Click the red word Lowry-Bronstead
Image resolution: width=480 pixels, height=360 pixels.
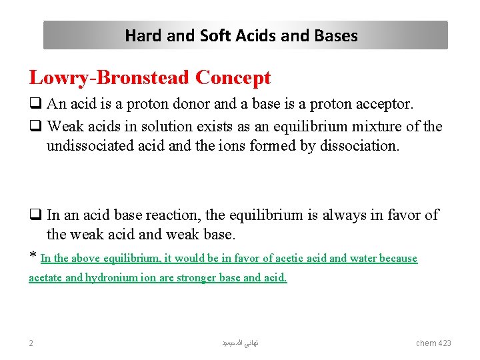pyautogui.click(x=109, y=78)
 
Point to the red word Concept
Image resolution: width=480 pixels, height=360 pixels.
pyautogui.click(x=233, y=78)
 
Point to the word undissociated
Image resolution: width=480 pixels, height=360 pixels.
pyautogui.click(x=90, y=145)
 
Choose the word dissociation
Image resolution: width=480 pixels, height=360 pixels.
pyautogui.click(x=363, y=145)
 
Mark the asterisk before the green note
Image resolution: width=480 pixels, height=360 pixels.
pyautogui.click(x=33, y=257)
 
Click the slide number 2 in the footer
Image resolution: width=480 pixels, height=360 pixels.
pyautogui.click(x=31, y=343)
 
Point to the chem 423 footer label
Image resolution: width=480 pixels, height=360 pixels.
pyautogui.click(x=433, y=343)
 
